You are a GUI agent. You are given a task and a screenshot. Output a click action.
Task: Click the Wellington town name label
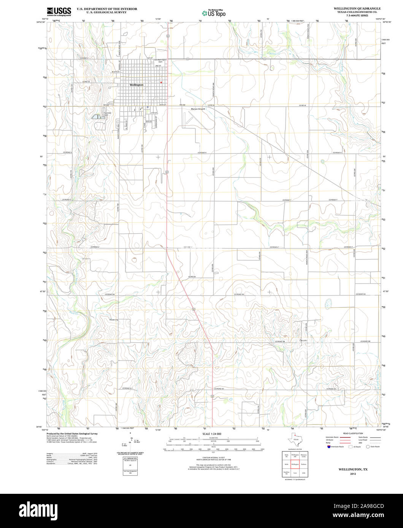[136, 85]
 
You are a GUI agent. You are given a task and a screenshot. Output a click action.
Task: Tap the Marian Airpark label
[198, 109]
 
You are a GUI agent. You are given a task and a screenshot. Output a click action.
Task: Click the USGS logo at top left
[59, 11]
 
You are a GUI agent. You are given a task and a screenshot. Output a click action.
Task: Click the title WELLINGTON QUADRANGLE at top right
[357, 8]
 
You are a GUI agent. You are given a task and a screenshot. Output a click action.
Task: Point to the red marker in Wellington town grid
[161, 82]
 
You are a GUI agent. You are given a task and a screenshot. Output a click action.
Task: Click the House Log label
[114, 320]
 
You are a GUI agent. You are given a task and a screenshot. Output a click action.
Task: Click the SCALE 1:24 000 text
[212, 434]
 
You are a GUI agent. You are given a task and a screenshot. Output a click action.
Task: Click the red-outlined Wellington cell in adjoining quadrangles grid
[295, 464]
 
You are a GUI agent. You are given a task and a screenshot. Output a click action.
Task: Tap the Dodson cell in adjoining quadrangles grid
[304, 464]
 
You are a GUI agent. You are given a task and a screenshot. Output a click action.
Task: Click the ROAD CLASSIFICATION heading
[352, 433]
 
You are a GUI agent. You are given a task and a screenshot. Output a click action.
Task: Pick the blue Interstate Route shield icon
[328, 447]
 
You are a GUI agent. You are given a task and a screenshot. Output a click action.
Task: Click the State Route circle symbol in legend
[368, 447]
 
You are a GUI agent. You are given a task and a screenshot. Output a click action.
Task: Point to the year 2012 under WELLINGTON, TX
[353, 474]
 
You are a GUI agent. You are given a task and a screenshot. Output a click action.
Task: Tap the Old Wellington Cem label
[160, 61]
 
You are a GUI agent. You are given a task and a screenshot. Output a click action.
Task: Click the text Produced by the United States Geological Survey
[72, 433]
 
